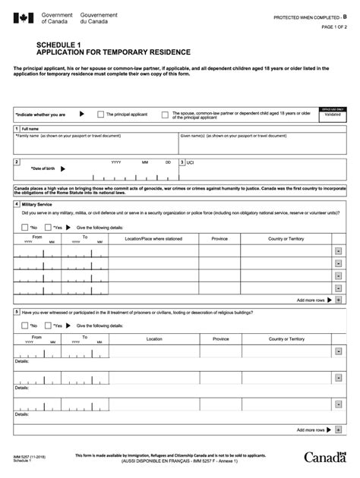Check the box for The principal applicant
pos(101,115)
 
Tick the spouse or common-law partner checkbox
pos(165,115)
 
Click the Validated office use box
pos(333,115)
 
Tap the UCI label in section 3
pos(191,162)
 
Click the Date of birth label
pos(43,168)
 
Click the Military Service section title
pos(37,205)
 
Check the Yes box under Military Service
pos(49,227)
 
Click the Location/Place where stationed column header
pos(153,238)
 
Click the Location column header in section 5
pos(153,338)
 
